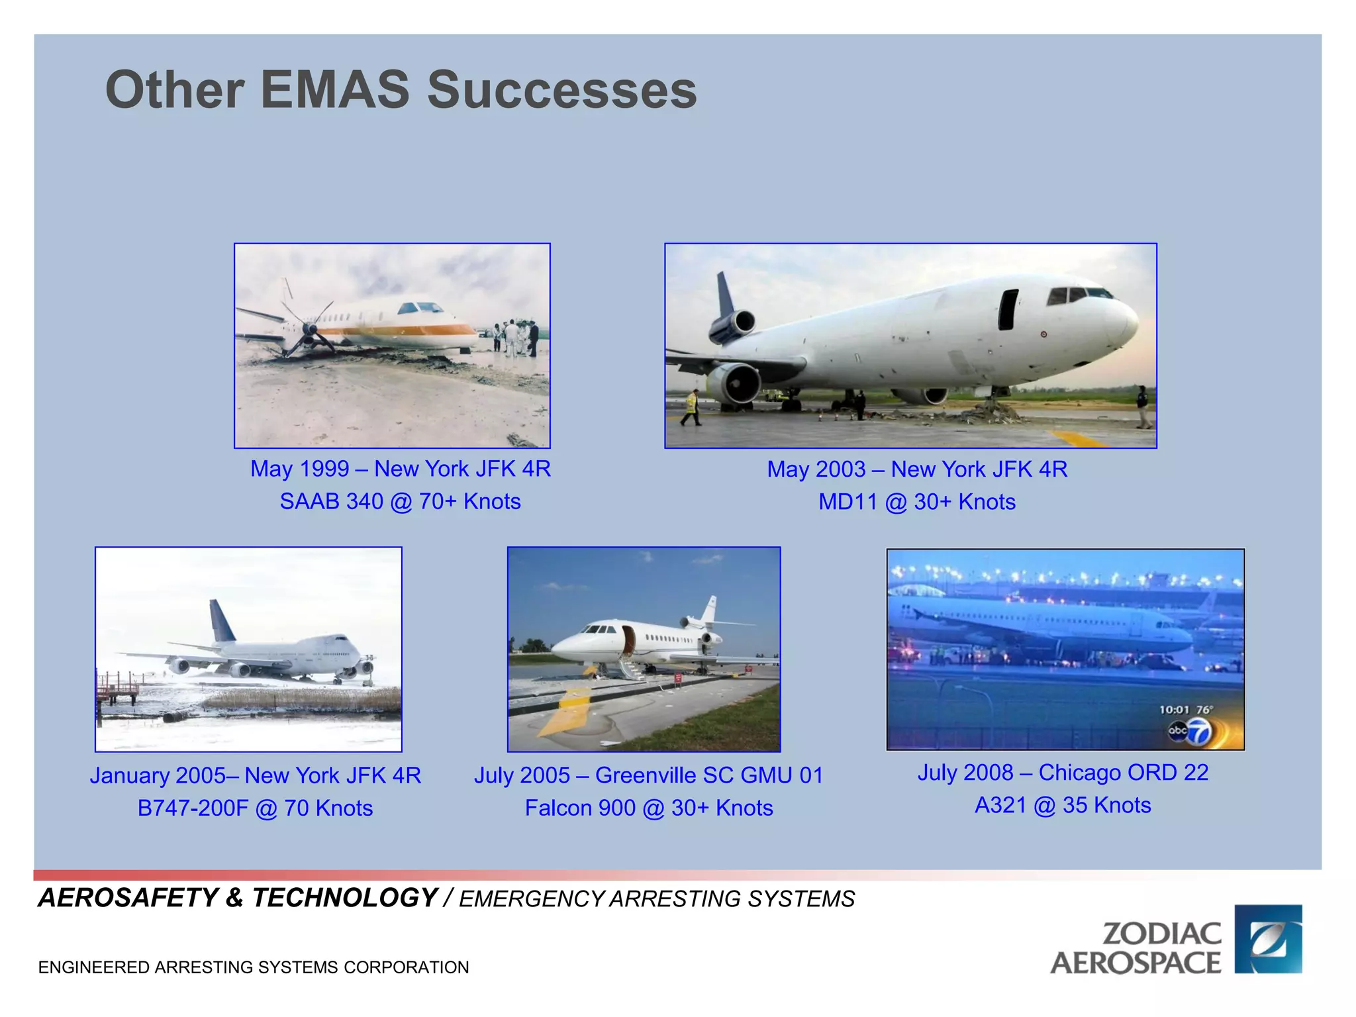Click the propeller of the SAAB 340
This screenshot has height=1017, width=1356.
[x=310, y=329]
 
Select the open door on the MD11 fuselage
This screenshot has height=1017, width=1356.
[x=1008, y=309]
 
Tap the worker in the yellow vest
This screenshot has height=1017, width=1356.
[x=691, y=406]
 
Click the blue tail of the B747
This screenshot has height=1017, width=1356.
[x=221, y=621]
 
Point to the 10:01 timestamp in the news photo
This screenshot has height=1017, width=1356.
[x=1173, y=710]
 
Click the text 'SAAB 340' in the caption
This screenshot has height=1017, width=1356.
[x=331, y=501]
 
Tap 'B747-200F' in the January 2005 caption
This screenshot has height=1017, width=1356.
[x=192, y=808]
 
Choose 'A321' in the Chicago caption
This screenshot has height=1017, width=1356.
[x=1000, y=805]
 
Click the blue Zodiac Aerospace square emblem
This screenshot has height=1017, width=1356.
[x=1268, y=938]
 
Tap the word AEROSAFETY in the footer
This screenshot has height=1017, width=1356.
[x=128, y=898]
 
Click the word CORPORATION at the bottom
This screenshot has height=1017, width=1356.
[x=406, y=967]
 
